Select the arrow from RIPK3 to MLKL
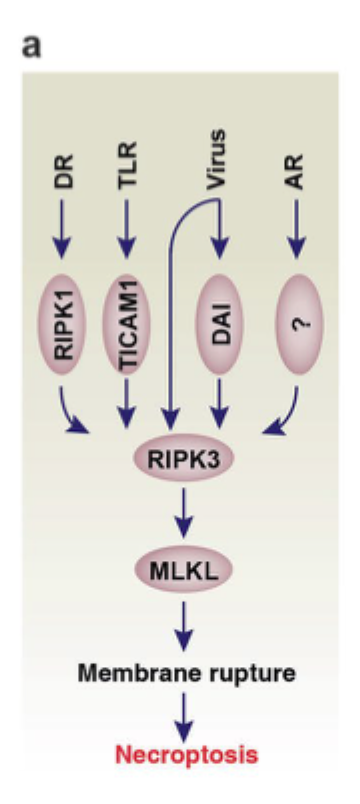click(180, 515)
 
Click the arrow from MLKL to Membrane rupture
click(180, 624)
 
